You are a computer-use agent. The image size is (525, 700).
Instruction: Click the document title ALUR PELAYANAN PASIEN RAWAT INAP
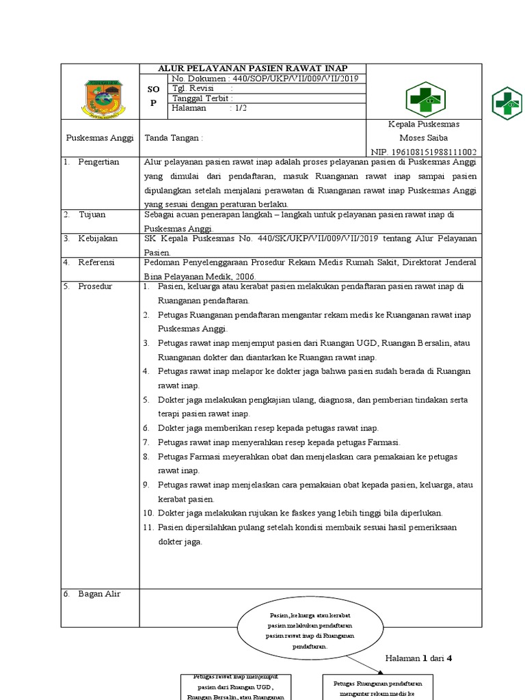click(253, 68)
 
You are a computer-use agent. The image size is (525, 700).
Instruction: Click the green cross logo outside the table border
click(507, 104)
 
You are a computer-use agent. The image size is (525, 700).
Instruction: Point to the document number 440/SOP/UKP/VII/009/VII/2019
click(295, 79)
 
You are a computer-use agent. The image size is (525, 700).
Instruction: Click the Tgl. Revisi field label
click(193, 88)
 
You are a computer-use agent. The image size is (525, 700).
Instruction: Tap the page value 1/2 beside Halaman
click(241, 107)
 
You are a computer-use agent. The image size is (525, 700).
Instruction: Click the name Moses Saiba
click(423, 138)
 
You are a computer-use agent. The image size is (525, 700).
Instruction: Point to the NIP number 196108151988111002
click(424, 152)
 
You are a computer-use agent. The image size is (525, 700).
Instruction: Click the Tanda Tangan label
click(174, 138)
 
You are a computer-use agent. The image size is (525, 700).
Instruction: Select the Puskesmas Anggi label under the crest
click(100, 138)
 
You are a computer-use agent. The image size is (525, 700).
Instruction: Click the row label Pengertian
click(98, 162)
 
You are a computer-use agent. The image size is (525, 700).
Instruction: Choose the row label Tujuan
click(92, 215)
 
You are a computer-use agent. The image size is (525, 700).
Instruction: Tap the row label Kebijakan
click(98, 239)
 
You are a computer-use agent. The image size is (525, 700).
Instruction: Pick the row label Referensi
click(96, 262)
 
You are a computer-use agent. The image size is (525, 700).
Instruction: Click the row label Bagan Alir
click(98, 594)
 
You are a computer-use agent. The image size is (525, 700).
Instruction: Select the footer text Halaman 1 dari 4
click(419, 658)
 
